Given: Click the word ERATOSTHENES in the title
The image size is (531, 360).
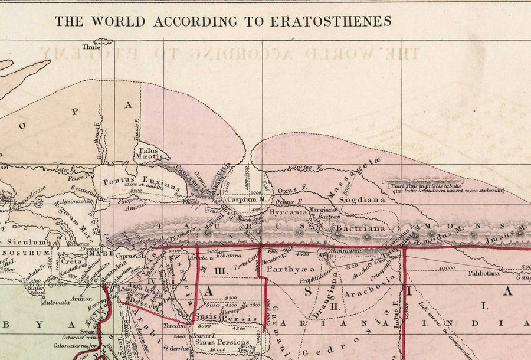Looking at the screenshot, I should click(330, 21).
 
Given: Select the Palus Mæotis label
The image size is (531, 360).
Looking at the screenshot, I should click(150, 153).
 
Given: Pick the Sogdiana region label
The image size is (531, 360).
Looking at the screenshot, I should click(362, 200).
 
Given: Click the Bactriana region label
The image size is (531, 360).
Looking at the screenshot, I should click(360, 228).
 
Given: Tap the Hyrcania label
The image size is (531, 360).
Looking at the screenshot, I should click(289, 211).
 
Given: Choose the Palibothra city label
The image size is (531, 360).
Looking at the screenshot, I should click(483, 273).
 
